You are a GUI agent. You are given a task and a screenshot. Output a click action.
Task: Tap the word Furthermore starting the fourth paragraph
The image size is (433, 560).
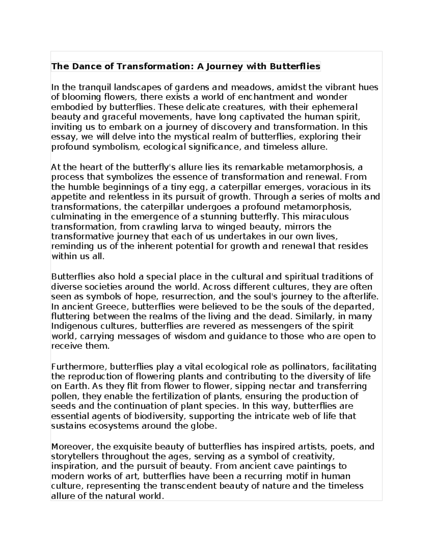click(x=78, y=367)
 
